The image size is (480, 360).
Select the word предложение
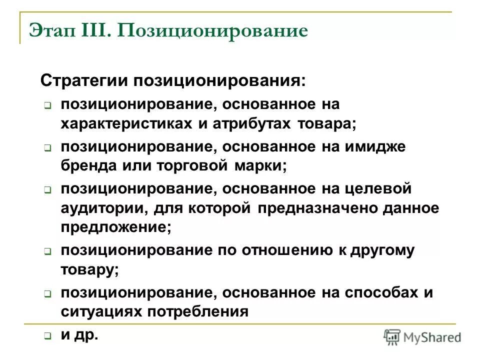(x=115, y=227)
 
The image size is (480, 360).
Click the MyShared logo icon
(x=392, y=337)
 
